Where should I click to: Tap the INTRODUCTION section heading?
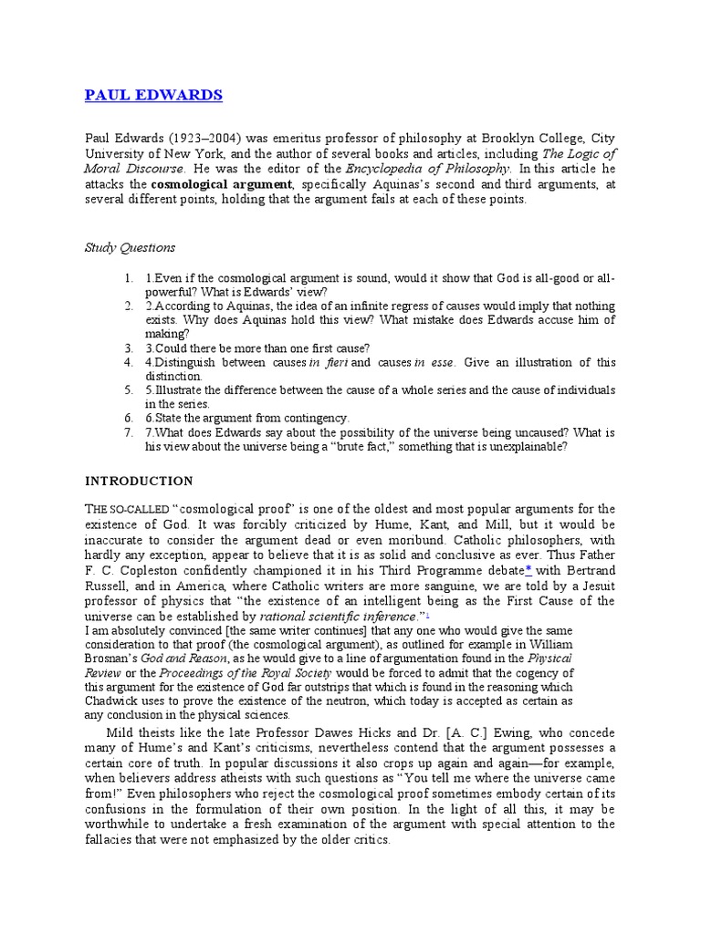[139, 480]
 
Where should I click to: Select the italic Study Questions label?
[130, 247]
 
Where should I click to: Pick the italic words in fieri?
[328, 362]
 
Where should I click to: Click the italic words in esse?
[434, 362]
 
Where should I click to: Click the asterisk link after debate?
[528, 570]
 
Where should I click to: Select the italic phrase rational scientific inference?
[326, 617]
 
